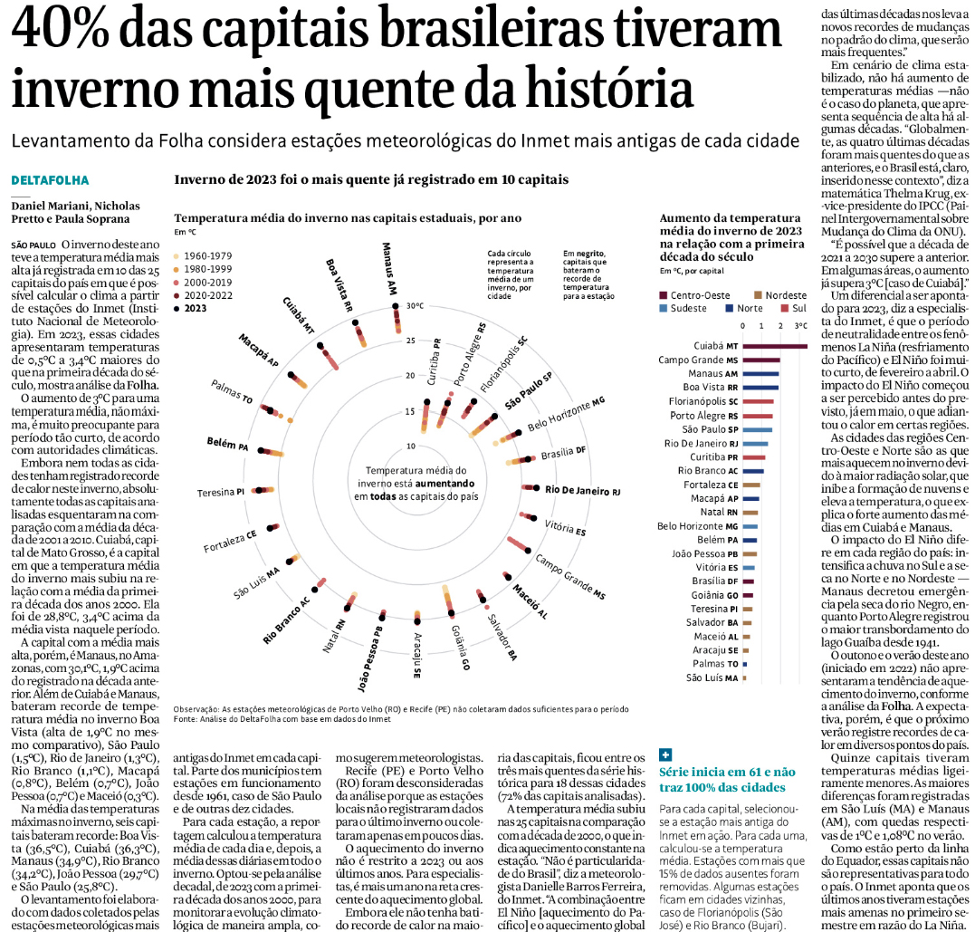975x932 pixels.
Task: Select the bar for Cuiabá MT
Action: (x=774, y=345)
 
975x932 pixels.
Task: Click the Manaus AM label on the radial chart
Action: (x=389, y=268)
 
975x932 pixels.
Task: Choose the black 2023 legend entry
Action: (x=203, y=308)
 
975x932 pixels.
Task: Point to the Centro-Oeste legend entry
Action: (x=697, y=295)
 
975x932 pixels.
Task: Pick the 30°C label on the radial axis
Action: (x=415, y=306)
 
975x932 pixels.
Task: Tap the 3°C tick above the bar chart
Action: (x=800, y=325)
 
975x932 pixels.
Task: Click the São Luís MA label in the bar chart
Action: (x=712, y=677)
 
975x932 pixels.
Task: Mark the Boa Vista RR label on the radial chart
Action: (x=339, y=284)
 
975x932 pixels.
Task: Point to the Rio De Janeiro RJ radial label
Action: (x=582, y=490)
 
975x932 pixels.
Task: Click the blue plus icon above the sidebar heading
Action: (x=666, y=754)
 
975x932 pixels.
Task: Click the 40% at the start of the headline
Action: (x=62, y=32)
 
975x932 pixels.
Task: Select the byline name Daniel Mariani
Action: (x=48, y=207)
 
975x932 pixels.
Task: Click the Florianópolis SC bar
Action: (x=758, y=401)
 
